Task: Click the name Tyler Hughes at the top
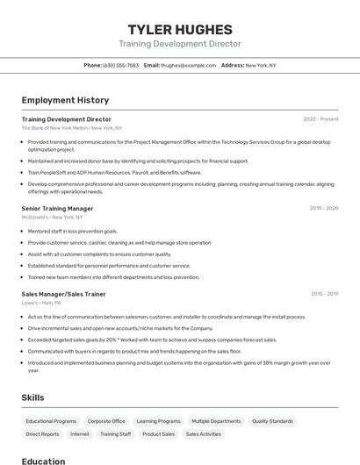click(180, 29)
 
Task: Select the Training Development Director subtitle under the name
click(180, 44)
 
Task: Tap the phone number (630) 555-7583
click(120, 65)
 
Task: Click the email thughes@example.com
click(188, 65)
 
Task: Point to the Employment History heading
click(65, 100)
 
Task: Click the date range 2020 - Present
click(320, 119)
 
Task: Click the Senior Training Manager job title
click(57, 209)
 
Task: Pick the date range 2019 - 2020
click(323, 209)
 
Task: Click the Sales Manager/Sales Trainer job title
click(63, 294)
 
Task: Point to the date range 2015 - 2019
click(324, 294)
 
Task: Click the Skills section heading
click(33, 397)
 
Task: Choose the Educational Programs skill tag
click(51, 421)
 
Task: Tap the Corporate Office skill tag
click(106, 421)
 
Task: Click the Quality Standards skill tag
click(272, 421)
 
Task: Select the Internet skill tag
click(80, 434)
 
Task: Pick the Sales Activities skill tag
click(204, 434)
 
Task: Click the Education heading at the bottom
click(43, 461)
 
